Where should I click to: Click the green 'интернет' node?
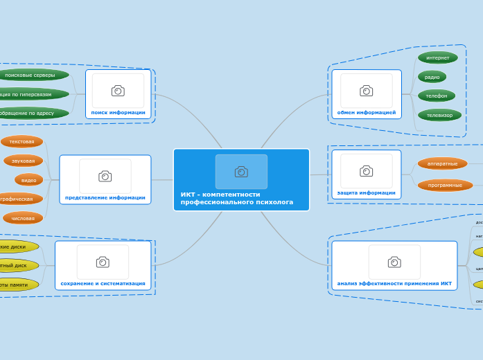[437, 57]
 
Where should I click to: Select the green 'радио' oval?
[432, 77]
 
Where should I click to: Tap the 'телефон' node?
[436, 96]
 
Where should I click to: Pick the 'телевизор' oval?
[439, 115]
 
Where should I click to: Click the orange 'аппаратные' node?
[442, 163]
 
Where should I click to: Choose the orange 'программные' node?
[445, 185]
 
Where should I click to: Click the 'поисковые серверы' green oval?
[30, 75]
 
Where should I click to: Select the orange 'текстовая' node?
[21, 141]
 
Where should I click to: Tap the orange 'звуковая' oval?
[23, 161]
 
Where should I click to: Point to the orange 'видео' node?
[28, 180]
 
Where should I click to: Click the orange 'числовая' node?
[23, 218]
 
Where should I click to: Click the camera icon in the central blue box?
[241, 172]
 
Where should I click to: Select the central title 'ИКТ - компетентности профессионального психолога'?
[236, 199]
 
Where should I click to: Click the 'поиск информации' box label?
[118, 112]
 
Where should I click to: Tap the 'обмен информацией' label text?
[366, 112]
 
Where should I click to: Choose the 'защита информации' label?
[366, 192]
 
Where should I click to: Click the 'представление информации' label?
[105, 197]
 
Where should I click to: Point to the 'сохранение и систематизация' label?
[103, 283]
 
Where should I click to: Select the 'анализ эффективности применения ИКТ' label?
[394, 283]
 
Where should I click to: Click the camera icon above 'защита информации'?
[366, 171]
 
